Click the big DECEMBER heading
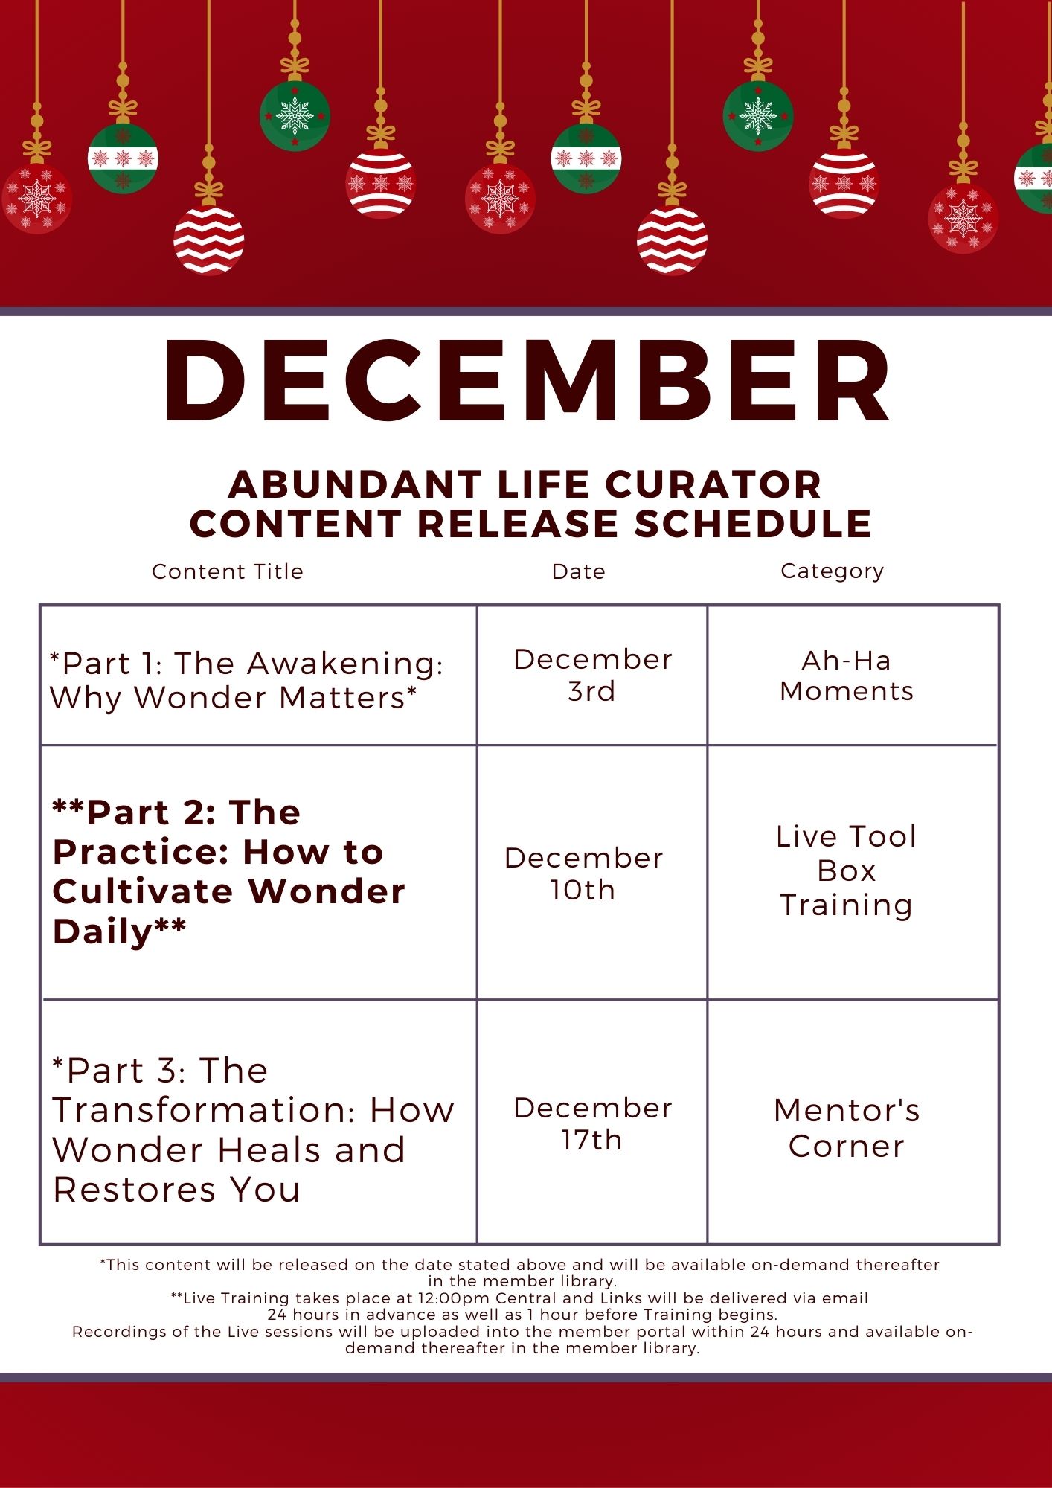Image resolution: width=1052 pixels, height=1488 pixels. [x=527, y=381]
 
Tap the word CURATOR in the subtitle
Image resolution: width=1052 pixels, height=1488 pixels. [x=713, y=484]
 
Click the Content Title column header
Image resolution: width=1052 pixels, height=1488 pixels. [x=228, y=571]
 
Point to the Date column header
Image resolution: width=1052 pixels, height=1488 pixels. [x=579, y=571]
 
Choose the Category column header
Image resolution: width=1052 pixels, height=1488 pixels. [x=833, y=571]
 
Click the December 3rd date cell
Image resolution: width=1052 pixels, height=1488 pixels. [x=592, y=675]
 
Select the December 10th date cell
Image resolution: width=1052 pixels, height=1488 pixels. [x=583, y=873]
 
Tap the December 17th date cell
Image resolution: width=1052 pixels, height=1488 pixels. [x=592, y=1123]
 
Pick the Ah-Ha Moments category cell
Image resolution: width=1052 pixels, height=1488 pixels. [x=847, y=676]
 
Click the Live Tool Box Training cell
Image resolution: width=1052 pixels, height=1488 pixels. [x=847, y=870]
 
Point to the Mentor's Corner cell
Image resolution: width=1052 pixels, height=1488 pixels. [x=847, y=1128]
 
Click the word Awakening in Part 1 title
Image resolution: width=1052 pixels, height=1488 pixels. [x=345, y=664]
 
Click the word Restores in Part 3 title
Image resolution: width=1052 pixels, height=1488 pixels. [x=135, y=1190]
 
